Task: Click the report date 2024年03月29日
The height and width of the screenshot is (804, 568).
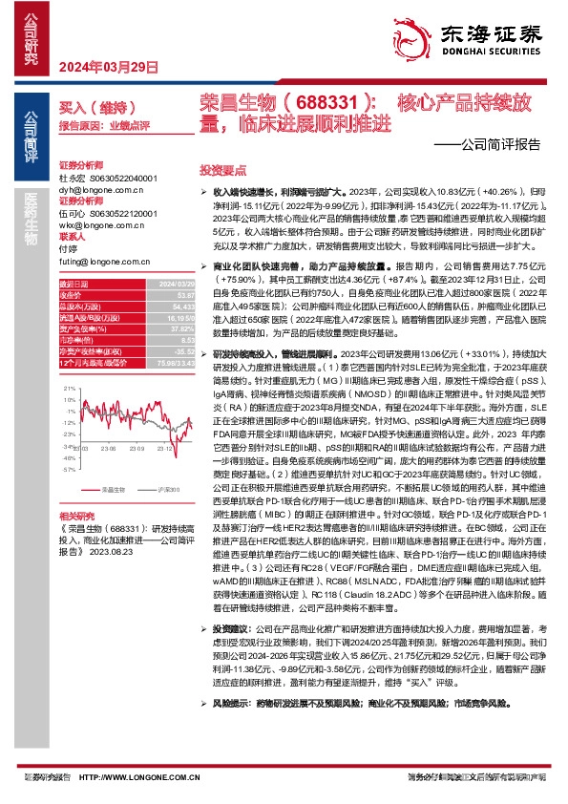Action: (108, 66)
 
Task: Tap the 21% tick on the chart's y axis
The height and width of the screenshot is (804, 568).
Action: (67, 390)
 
